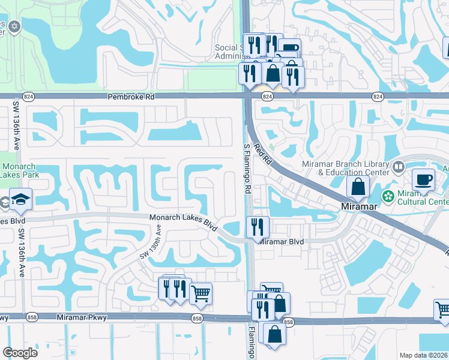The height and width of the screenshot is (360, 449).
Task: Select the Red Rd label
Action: point(263,155)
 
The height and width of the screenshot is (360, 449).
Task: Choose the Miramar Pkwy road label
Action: point(82,317)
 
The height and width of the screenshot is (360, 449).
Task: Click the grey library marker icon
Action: point(398,166)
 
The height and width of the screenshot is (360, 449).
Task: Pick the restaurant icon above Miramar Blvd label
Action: point(258,227)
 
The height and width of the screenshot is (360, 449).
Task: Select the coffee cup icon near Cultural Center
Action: point(423,180)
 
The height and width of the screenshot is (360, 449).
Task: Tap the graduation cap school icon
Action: point(20,199)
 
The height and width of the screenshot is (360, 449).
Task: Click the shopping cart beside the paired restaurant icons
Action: point(200,293)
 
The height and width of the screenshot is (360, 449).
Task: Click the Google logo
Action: point(20,352)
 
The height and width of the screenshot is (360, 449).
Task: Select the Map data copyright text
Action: point(424,355)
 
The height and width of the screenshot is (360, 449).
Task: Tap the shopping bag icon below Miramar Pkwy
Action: point(274,334)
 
